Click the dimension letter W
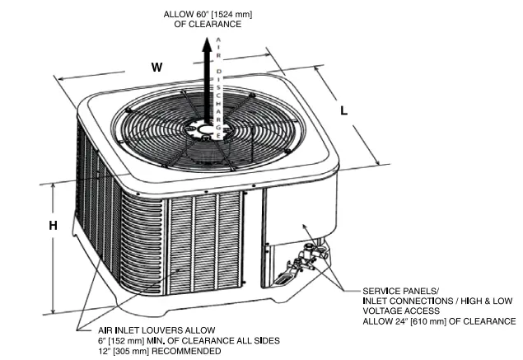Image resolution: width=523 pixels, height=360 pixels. [x=156, y=68]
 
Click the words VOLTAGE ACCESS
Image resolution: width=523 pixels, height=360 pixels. [x=399, y=311]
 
